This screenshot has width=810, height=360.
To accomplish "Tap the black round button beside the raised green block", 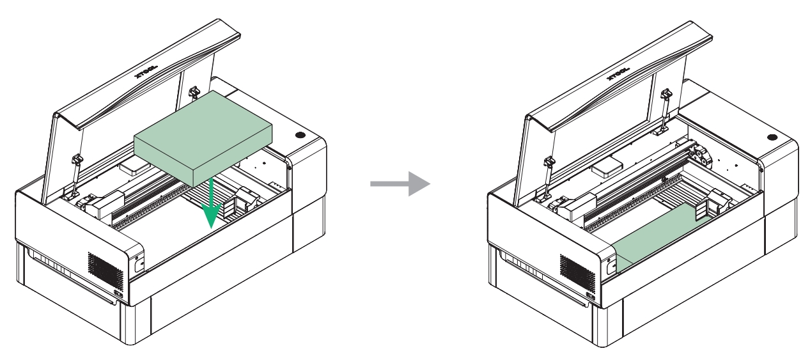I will pos(300,136).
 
